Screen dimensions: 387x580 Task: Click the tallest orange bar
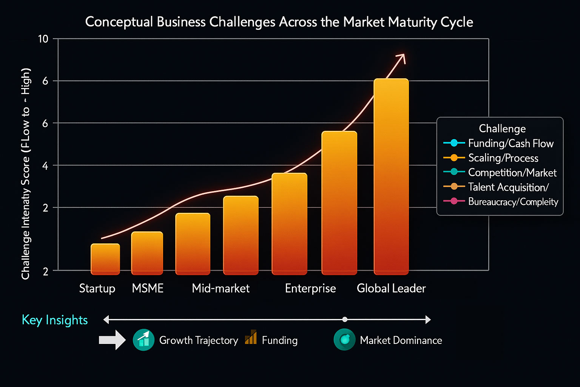pyautogui.click(x=391, y=176)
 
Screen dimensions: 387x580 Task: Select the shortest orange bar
pyautogui.click(x=105, y=259)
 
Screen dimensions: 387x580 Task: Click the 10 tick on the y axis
pyautogui.click(x=43, y=39)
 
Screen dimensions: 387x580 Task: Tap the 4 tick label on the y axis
pyautogui.click(x=45, y=166)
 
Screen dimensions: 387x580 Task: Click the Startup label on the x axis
pyautogui.click(x=97, y=288)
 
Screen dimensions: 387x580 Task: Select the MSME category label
pyautogui.click(x=148, y=288)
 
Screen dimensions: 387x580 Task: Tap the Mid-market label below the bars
pyautogui.click(x=221, y=288)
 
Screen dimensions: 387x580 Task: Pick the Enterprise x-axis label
pyautogui.click(x=310, y=288)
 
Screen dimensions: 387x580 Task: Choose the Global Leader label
pyautogui.click(x=391, y=288)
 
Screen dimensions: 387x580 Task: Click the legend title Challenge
pyautogui.click(x=502, y=128)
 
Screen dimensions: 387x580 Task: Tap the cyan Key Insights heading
pyautogui.click(x=55, y=320)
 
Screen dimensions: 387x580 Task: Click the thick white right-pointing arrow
pyautogui.click(x=112, y=340)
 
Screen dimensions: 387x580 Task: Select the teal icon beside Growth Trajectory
pyautogui.click(x=143, y=340)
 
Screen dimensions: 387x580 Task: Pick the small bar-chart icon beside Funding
pyautogui.click(x=251, y=337)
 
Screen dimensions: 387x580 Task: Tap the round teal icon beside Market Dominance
pyautogui.click(x=344, y=340)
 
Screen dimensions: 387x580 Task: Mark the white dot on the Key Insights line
pyautogui.click(x=345, y=319)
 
